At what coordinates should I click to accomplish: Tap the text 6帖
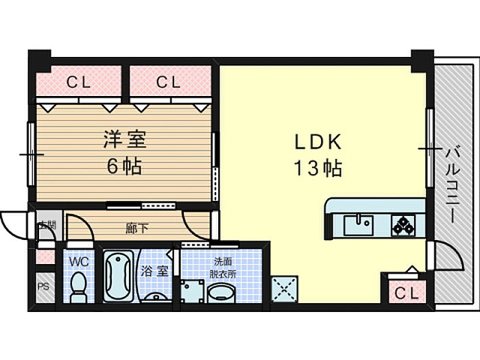(124, 167)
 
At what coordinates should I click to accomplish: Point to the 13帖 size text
(318, 168)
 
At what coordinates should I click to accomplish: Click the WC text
(78, 261)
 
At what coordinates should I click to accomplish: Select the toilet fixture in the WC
(78, 285)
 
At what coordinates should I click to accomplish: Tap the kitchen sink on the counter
(357, 224)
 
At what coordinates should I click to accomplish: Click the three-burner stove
(403, 224)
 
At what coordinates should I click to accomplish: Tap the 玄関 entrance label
(45, 224)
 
